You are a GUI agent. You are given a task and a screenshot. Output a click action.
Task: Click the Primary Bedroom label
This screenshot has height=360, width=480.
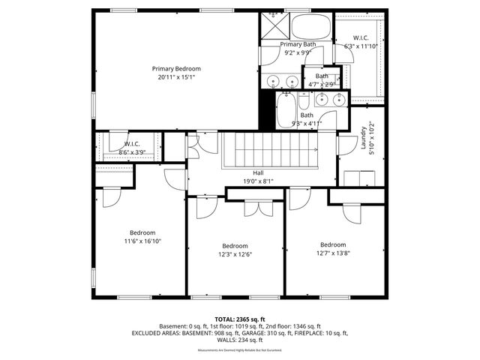tap(177, 69)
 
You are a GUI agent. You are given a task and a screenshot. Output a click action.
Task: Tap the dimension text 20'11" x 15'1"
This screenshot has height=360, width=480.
tap(177, 77)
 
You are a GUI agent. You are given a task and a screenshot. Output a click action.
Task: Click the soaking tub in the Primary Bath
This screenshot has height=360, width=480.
tap(310, 28)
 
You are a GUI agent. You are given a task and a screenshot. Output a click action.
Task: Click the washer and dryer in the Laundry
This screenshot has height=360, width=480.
tap(361, 177)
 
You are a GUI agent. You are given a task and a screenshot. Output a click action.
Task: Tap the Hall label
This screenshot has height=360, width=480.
tap(258, 172)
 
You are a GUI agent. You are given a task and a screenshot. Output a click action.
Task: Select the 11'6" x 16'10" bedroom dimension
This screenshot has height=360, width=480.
tap(142, 241)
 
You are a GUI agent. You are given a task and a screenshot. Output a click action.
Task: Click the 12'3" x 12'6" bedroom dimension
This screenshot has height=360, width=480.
tap(235, 254)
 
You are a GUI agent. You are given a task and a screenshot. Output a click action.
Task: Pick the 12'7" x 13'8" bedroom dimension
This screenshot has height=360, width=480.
tap(333, 253)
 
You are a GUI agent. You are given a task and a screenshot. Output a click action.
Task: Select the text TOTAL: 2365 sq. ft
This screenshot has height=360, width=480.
tap(240, 319)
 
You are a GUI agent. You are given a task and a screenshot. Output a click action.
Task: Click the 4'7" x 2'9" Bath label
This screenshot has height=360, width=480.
tap(322, 80)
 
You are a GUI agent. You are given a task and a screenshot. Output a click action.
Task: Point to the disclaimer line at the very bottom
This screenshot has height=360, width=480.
tap(240, 350)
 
